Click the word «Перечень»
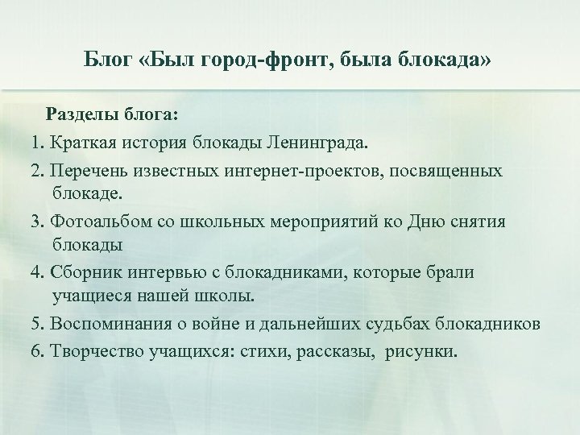87,172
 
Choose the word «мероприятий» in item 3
317,222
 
